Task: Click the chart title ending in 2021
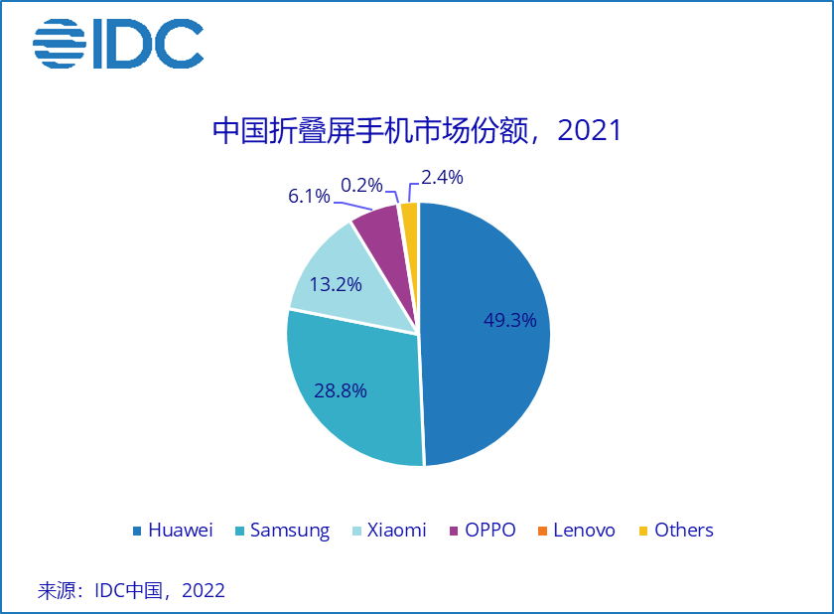[417, 131]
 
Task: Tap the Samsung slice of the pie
[347, 397]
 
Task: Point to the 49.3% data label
[509, 320]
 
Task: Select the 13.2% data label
[334, 283]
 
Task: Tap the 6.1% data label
[309, 196]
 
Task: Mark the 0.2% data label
[361, 185]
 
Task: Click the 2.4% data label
[442, 178]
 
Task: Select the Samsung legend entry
[281, 530]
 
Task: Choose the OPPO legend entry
[484, 530]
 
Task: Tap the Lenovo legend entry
[576, 530]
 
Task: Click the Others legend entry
[675, 530]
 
